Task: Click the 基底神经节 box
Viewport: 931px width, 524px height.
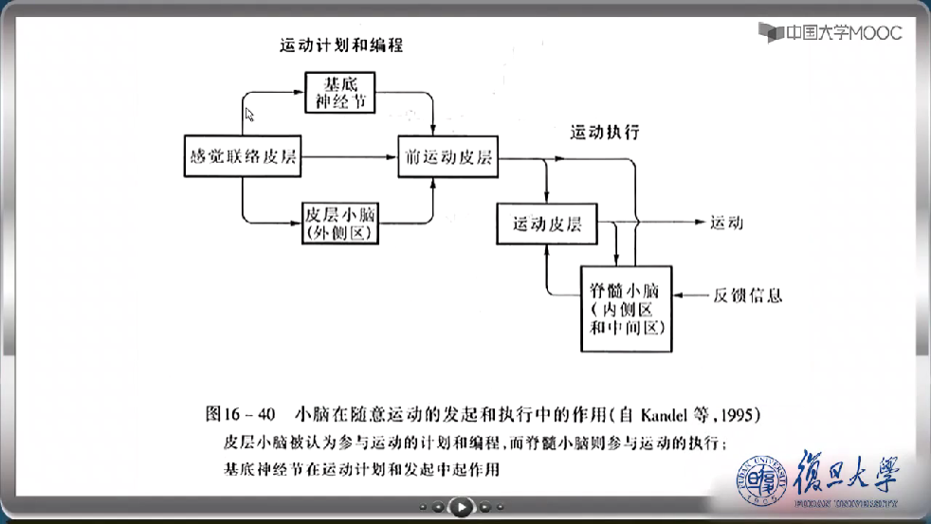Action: [339, 92]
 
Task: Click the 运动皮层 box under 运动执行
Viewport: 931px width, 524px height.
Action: [547, 225]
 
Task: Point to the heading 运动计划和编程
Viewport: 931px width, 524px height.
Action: [347, 45]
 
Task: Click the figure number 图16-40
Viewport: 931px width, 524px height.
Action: [240, 414]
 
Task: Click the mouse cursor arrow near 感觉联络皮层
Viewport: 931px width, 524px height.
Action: [249, 115]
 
